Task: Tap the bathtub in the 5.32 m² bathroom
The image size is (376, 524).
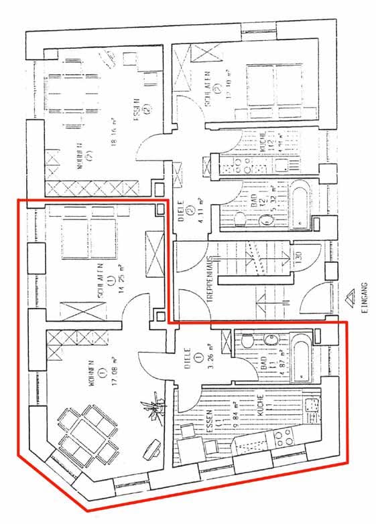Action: coord(299,203)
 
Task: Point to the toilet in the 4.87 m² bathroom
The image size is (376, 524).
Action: coord(247,341)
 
